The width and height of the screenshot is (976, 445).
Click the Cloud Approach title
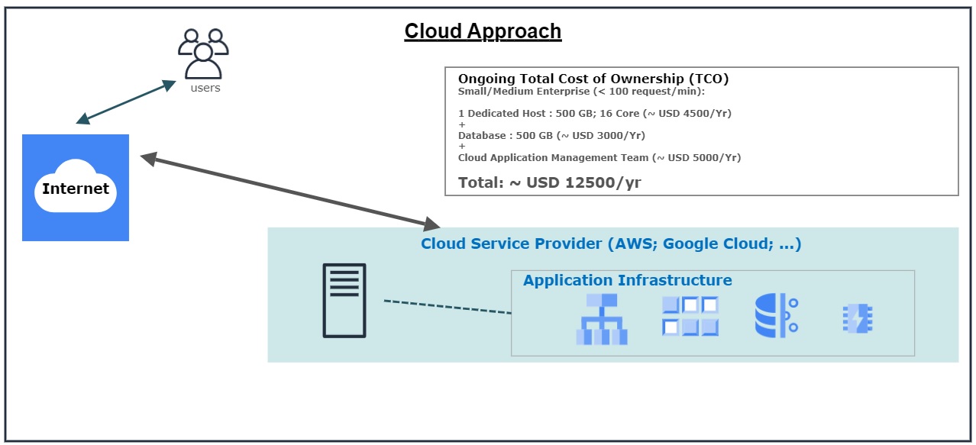(483, 31)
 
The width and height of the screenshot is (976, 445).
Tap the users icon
(203, 53)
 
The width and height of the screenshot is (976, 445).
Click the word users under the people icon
(205, 88)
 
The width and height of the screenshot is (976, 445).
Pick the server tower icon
(344, 300)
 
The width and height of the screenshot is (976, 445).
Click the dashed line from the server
(447, 307)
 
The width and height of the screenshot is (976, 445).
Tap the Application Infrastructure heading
(627, 280)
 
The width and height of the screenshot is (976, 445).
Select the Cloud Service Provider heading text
(611, 244)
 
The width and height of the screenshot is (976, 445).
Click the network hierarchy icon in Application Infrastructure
(602, 319)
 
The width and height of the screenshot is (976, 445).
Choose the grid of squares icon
(690, 316)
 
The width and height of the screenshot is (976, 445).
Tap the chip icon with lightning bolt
(857, 319)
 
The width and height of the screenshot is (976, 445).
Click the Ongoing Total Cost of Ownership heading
(593, 79)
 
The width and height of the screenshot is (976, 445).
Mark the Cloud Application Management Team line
(599, 158)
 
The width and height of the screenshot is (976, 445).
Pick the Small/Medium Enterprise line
(581, 92)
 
